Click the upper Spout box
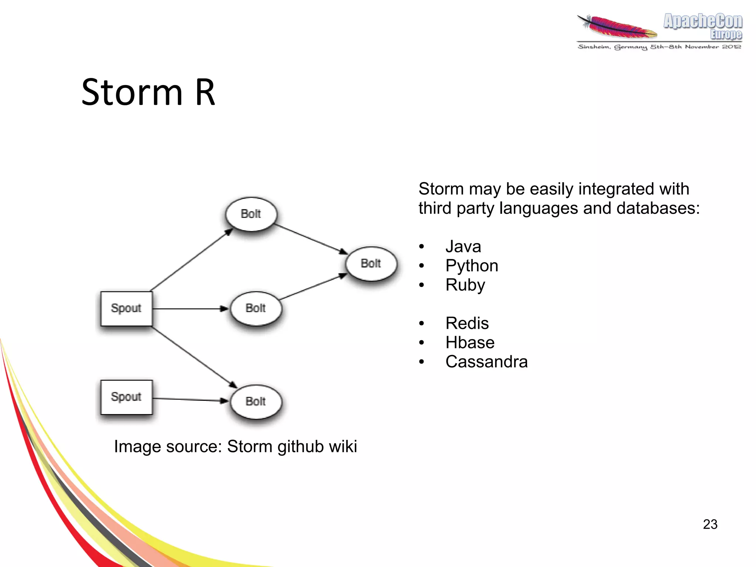126,308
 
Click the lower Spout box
126,397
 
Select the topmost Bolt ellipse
251,214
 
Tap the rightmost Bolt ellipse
371,263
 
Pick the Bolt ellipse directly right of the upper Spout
256,308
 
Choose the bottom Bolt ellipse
256,402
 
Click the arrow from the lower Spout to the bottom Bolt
190,399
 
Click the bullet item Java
463,246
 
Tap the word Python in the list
472,266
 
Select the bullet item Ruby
465,285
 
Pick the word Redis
467,323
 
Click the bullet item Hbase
470,342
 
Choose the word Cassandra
487,362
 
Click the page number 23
710,524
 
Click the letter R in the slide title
205,92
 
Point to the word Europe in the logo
726,34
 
